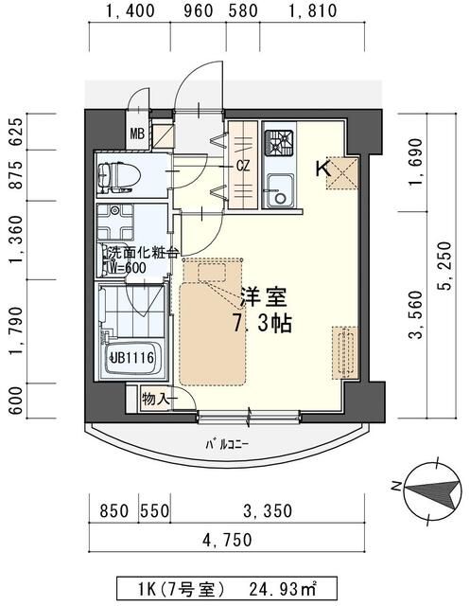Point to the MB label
[137, 134]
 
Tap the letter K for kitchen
[322, 169]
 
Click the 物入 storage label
[157, 399]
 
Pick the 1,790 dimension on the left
[16, 337]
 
